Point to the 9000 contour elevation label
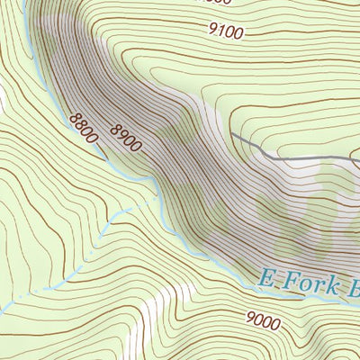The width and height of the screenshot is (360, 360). click(262, 319)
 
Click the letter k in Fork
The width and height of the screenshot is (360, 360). click(334, 287)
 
